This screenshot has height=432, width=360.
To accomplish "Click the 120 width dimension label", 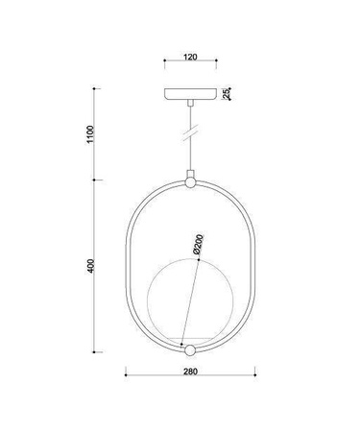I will coord(189,58).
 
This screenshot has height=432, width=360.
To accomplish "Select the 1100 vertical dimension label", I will coord(90,135).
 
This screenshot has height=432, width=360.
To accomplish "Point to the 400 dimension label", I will coord(90,266).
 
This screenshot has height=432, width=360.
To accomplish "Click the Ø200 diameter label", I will coord(198,247).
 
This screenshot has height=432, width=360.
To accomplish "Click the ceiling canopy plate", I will coord(189,94).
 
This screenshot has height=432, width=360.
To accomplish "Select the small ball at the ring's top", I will coord(189,180).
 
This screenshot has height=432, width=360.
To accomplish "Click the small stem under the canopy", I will coord(189,104).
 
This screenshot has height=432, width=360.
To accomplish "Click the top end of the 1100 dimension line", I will coord(94,88).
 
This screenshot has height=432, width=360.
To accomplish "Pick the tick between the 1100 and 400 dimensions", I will coord(94,180).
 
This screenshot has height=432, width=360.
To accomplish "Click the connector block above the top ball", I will coord(189,171).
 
